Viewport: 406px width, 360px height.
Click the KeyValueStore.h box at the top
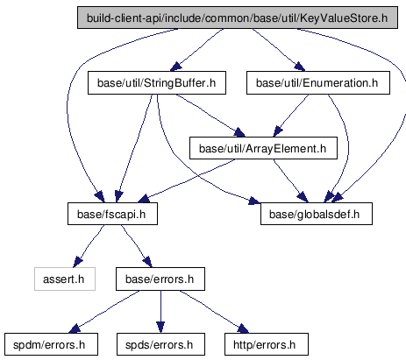click(x=238, y=18)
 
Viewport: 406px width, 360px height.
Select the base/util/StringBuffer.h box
click(x=157, y=83)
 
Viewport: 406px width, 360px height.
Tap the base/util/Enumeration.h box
click(x=318, y=83)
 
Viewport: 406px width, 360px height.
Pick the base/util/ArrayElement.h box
click(x=263, y=148)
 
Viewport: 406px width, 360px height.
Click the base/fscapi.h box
click(x=112, y=214)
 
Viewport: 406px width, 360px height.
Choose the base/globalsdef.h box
click(x=317, y=214)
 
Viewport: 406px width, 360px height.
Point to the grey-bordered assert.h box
click(x=65, y=279)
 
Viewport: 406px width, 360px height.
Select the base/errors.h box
click(x=160, y=279)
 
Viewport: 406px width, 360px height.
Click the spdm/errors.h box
click(x=51, y=344)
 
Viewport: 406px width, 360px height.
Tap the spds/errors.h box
click(x=160, y=344)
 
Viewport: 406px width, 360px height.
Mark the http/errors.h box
click(x=267, y=344)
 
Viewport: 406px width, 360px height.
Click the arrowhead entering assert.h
click(x=77, y=262)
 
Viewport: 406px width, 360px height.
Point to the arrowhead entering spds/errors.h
click(x=160, y=328)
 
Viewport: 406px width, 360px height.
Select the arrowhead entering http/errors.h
click(x=243, y=328)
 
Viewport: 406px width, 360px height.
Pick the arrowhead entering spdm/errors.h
click(x=75, y=328)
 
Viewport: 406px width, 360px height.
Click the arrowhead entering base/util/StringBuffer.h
click(x=175, y=67)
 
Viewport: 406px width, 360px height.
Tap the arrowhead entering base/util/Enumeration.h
click(x=300, y=67)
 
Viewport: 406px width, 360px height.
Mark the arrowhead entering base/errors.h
click(x=148, y=262)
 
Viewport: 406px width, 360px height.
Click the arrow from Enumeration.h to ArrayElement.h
click(x=290, y=116)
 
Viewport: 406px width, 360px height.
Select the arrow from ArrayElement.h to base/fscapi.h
click(x=186, y=181)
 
